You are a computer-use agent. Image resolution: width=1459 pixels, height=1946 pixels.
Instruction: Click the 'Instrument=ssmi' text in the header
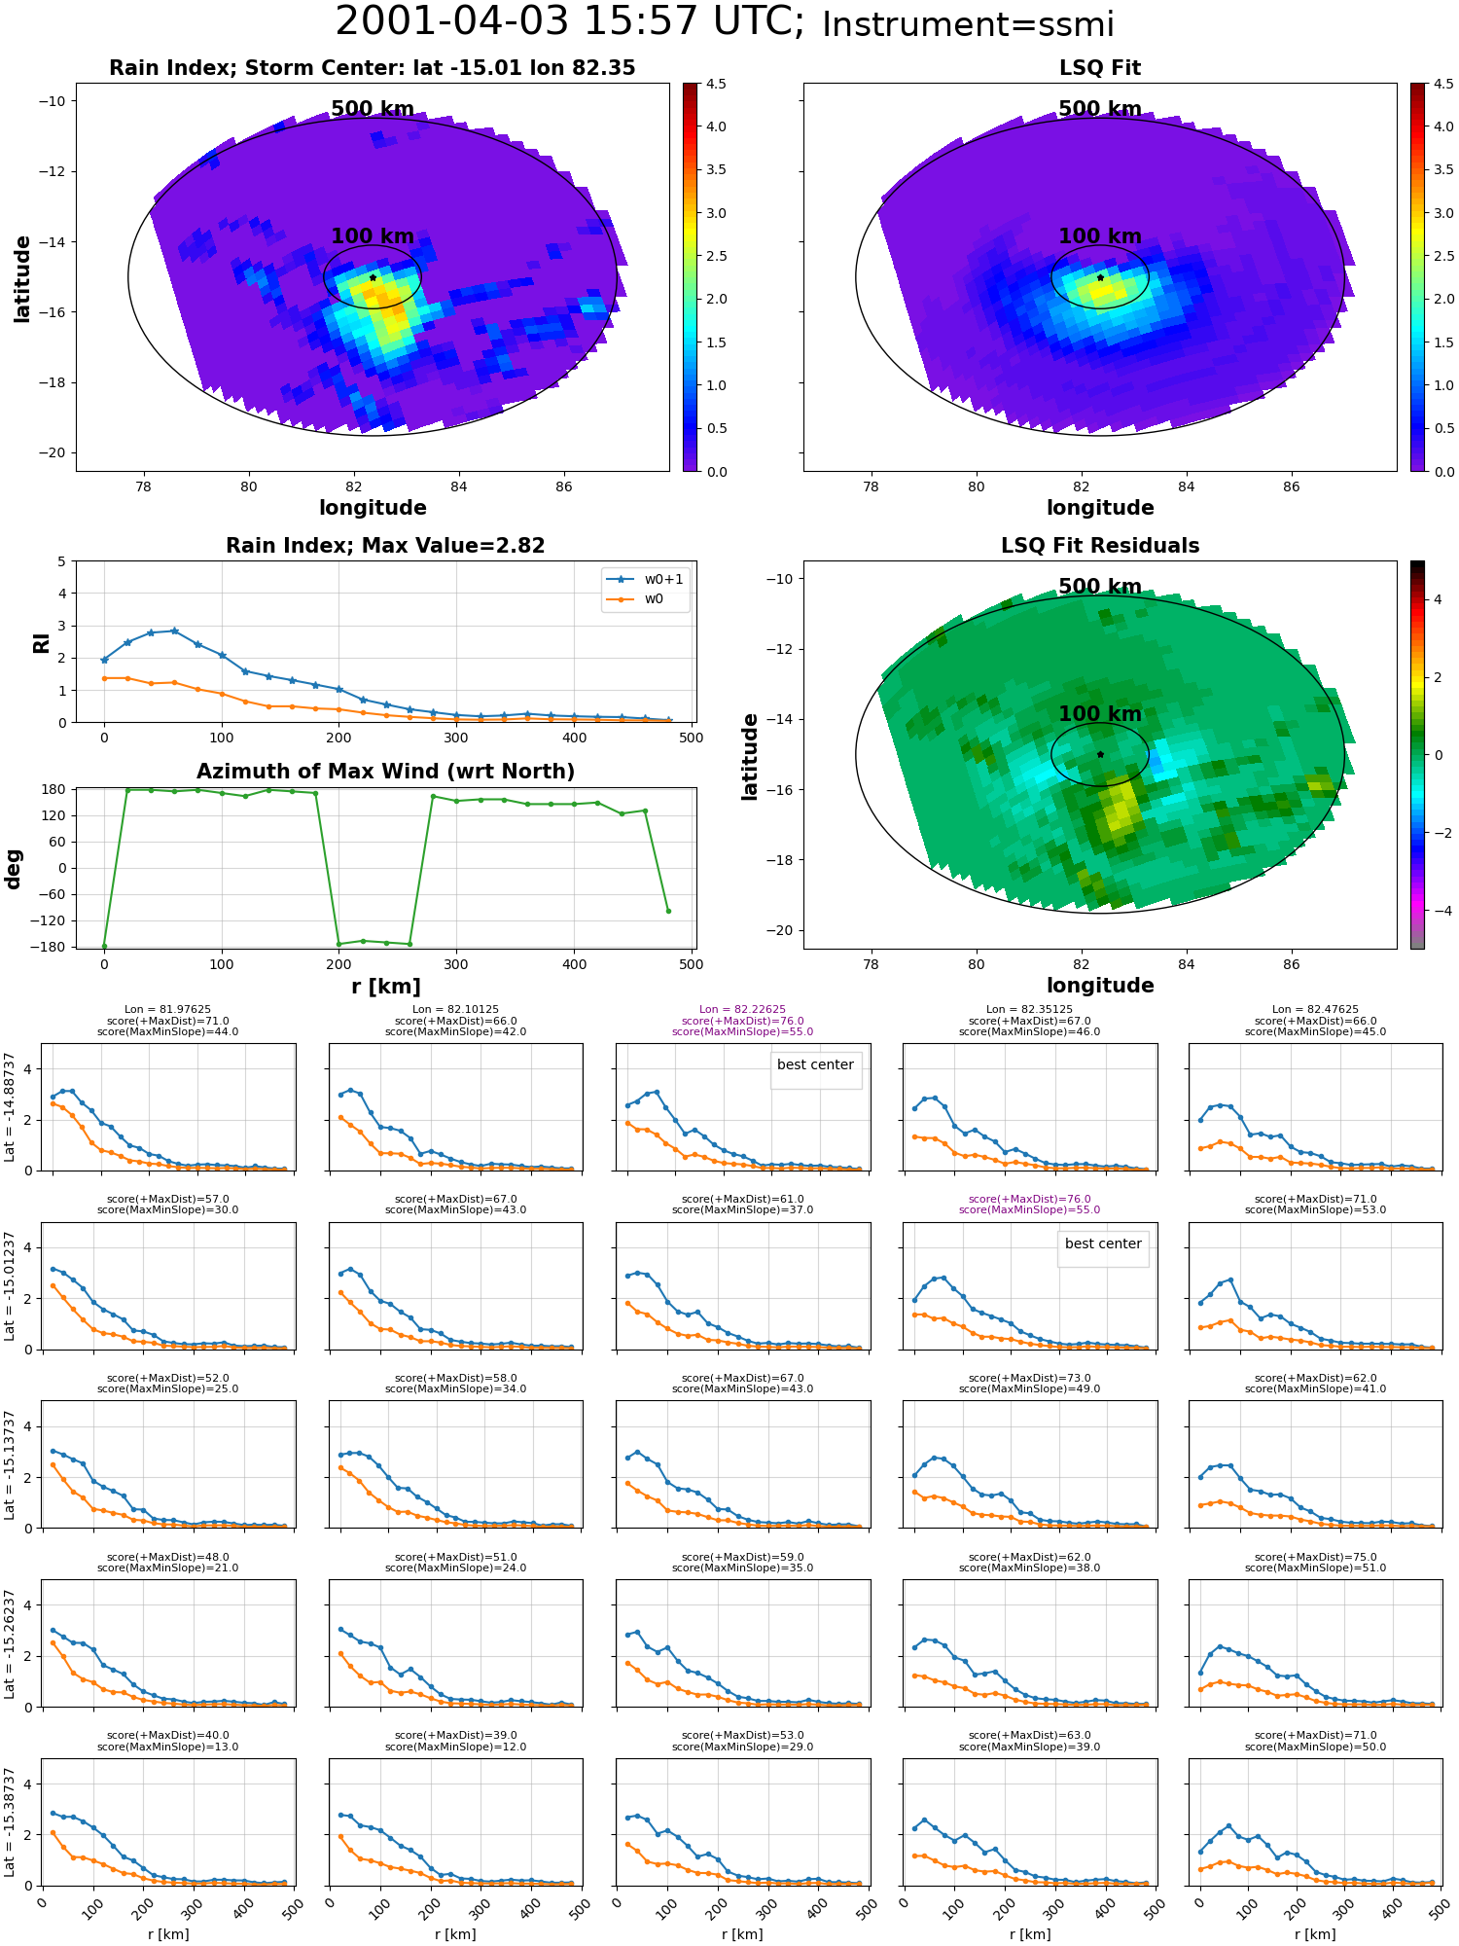(x=968, y=24)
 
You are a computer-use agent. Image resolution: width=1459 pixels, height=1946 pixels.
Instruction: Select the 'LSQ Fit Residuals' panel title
(x=1100, y=546)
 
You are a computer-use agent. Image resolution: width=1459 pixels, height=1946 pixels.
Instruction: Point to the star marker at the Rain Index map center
(x=373, y=277)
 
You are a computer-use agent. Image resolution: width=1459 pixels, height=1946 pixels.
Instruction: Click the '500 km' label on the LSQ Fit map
(x=1100, y=109)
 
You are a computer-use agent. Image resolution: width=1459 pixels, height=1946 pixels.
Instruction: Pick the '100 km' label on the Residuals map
(x=1100, y=714)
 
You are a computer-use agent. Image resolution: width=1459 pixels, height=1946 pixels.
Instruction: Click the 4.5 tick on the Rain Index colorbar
(x=716, y=84)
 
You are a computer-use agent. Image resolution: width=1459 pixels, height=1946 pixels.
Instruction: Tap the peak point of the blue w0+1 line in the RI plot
(x=174, y=631)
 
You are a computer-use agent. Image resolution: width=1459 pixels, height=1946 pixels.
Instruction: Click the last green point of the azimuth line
(x=668, y=911)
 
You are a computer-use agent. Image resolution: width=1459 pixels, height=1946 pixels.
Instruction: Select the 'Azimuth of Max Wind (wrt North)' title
(x=385, y=772)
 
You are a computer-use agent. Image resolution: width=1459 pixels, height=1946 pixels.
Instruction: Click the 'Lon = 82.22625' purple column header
(x=742, y=1010)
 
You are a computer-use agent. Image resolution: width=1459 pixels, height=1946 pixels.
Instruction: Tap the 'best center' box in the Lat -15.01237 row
(x=1103, y=1243)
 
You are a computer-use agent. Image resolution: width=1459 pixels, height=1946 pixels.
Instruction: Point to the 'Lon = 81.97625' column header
(x=167, y=1010)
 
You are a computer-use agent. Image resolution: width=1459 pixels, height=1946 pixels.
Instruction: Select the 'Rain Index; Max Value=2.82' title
(x=385, y=546)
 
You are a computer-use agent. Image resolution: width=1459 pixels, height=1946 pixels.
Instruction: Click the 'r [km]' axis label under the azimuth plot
(x=385, y=987)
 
